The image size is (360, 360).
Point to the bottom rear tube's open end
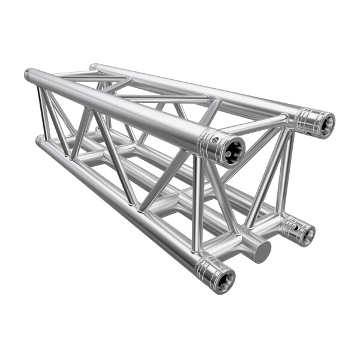point(307,233)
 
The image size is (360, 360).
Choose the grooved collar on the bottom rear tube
point(293,227)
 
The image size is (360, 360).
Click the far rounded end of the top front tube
point(28,74)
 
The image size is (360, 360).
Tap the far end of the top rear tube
point(93,67)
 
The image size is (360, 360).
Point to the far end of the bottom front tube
point(39,141)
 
